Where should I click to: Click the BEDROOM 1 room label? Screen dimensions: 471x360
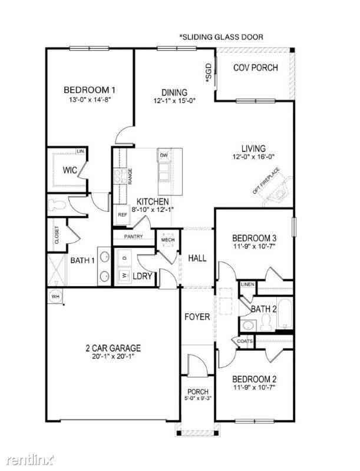click(x=89, y=90)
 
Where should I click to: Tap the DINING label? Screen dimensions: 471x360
click(x=174, y=92)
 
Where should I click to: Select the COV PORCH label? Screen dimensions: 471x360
click(x=255, y=68)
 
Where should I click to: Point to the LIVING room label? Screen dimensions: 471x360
click(x=253, y=148)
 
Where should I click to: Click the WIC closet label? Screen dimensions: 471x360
click(x=71, y=171)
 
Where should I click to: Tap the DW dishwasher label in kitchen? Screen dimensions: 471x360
click(x=163, y=155)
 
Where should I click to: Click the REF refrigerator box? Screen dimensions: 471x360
click(x=123, y=215)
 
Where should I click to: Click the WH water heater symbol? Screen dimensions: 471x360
click(x=56, y=296)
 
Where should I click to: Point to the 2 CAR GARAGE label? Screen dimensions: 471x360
click(x=113, y=348)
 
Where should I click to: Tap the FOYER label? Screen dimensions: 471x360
click(x=197, y=317)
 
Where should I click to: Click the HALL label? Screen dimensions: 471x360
click(x=197, y=258)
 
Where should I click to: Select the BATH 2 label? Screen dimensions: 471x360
click(x=263, y=309)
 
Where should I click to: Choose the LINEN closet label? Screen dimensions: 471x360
click(x=247, y=285)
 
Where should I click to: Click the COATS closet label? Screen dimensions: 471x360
click(x=245, y=341)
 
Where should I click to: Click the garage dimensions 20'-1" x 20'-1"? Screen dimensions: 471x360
click(x=113, y=357)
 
